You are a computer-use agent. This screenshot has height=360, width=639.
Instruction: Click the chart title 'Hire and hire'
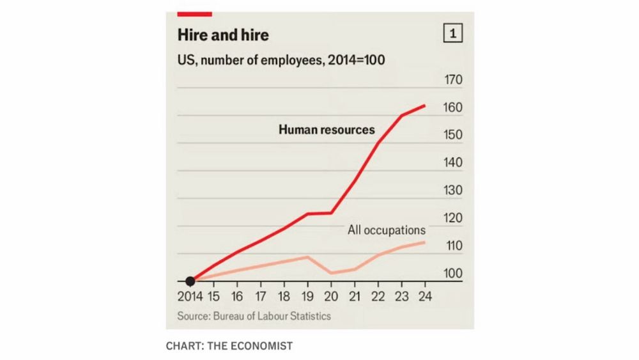(x=223, y=35)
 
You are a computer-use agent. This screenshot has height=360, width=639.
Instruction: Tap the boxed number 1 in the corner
(x=453, y=35)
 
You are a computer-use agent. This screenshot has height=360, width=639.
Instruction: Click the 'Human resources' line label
(x=327, y=130)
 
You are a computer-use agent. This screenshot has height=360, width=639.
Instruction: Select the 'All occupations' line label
(x=386, y=230)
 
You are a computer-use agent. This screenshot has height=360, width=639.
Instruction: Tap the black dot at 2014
(x=190, y=281)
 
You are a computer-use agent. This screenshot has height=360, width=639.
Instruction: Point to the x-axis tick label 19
(x=308, y=297)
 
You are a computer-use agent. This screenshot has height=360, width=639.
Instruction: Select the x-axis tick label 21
(x=355, y=297)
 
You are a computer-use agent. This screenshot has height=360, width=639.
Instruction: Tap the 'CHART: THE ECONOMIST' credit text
(x=229, y=346)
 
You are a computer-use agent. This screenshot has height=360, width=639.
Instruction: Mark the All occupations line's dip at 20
(x=332, y=273)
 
